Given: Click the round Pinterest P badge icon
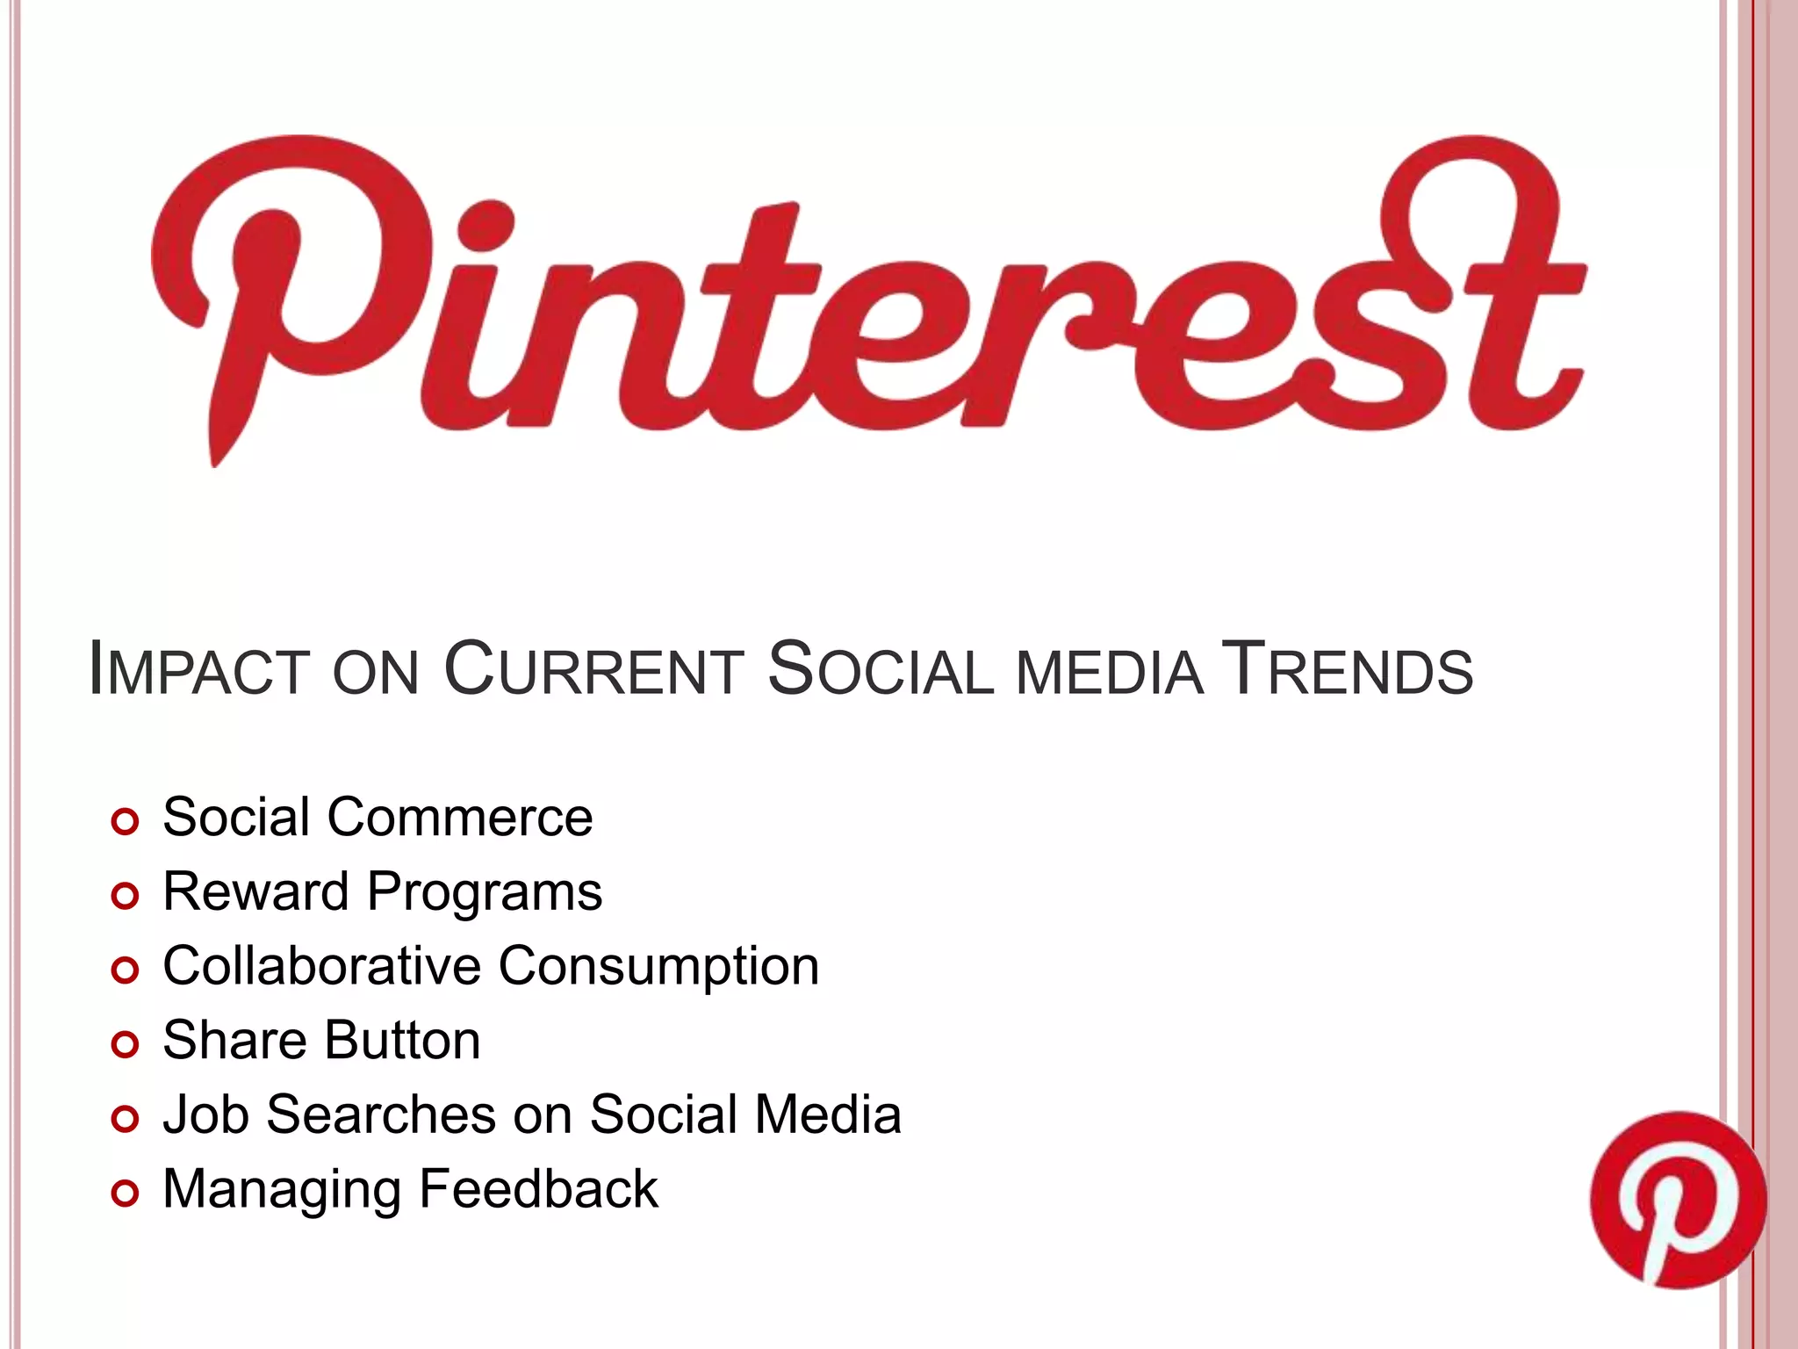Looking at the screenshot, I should [x=1677, y=1199].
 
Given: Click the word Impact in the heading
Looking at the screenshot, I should [x=198, y=671].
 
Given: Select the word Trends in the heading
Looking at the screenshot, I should [x=1348, y=671].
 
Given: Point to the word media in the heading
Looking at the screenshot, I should [x=1110, y=673].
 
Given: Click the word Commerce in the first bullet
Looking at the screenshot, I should [x=460, y=818].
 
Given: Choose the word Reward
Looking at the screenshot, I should [x=255, y=892].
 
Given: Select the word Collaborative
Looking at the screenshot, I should [x=321, y=966].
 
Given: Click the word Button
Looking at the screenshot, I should [x=401, y=1041].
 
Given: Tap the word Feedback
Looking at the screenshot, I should [x=538, y=1189].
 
